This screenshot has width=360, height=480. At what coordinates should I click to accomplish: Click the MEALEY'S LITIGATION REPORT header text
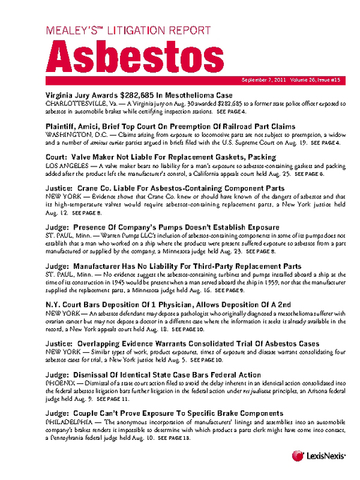pos(128,30)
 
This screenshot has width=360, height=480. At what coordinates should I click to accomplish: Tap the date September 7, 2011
pos(265,80)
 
